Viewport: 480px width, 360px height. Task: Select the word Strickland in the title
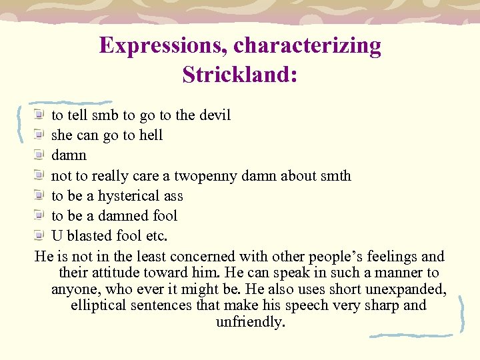237,73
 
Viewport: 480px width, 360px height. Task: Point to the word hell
151,135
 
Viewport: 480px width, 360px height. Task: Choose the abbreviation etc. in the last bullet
157,236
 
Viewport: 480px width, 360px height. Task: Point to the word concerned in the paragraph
203,257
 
